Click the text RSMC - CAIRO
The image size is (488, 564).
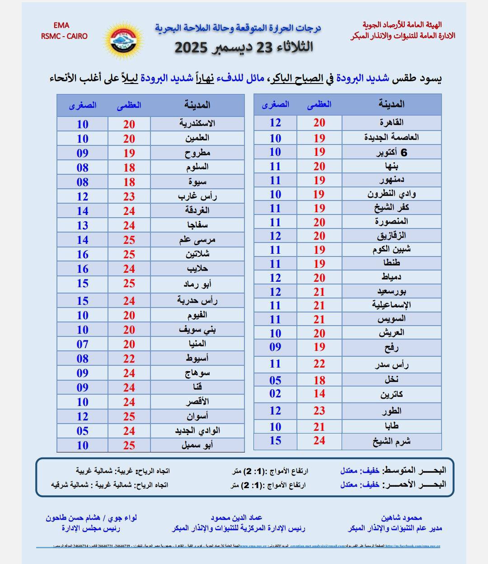(x=64, y=36)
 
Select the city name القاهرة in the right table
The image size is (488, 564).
(x=392, y=122)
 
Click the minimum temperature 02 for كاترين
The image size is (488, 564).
(x=275, y=393)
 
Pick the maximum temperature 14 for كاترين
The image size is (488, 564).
(x=319, y=393)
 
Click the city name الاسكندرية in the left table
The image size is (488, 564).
(x=197, y=124)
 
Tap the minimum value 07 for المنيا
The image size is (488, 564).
(x=82, y=344)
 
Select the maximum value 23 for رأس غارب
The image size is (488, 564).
(x=129, y=196)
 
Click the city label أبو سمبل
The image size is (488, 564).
(x=197, y=445)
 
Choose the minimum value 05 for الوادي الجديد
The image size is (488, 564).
(x=82, y=431)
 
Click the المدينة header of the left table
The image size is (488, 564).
(x=197, y=105)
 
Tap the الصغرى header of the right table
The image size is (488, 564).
(x=275, y=104)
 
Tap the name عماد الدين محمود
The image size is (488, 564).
(x=236, y=518)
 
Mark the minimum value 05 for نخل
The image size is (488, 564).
(x=275, y=380)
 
